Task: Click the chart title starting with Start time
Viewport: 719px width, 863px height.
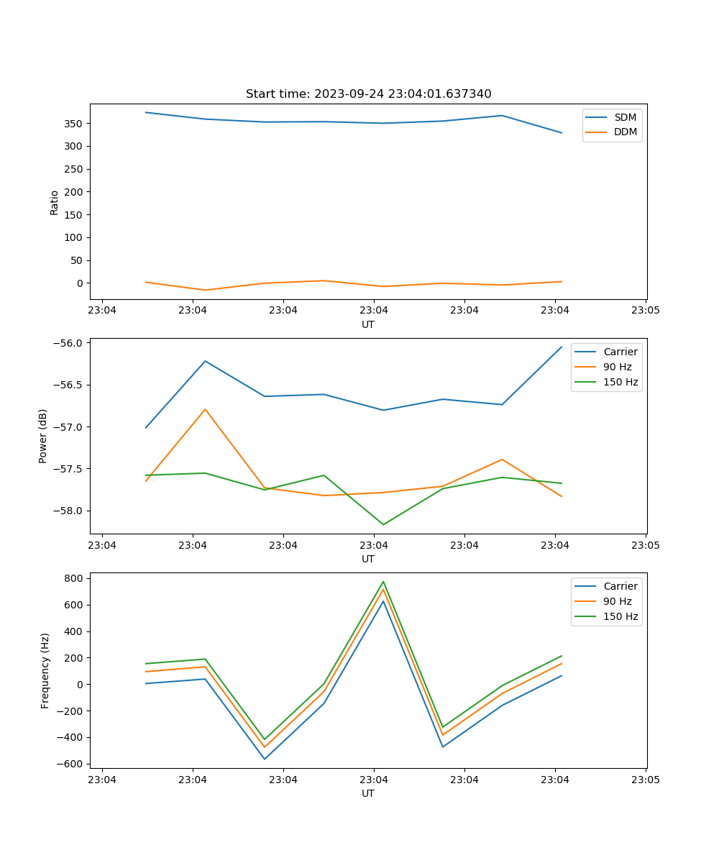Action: (368, 94)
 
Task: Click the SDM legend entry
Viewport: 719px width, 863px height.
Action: (625, 117)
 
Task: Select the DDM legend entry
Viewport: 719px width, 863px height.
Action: (625, 132)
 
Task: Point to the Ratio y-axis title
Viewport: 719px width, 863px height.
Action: (55, 202)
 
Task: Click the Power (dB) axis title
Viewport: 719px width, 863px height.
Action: (43, 436)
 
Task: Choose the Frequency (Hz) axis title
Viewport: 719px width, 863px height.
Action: (45, 670)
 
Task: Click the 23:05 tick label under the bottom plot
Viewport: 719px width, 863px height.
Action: (646, 780)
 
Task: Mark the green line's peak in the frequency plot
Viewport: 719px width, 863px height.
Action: (383, 582)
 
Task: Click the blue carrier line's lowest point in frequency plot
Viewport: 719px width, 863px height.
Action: (265, 759)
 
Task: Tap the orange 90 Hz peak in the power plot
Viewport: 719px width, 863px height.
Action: (206, 409)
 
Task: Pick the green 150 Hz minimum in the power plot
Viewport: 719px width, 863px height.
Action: (383, 524)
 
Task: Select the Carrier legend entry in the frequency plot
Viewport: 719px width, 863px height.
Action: (620, 586)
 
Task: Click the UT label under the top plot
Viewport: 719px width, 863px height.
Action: (368, 324)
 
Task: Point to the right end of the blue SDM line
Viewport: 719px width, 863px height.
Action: (562, 133)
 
